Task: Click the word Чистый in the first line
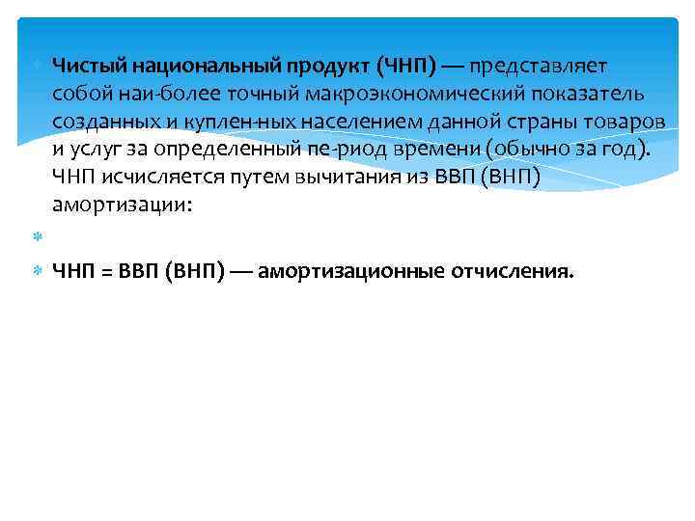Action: point(88,66)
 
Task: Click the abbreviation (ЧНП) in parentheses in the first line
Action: point(409,66)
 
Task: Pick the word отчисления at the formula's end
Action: point(512,272)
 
